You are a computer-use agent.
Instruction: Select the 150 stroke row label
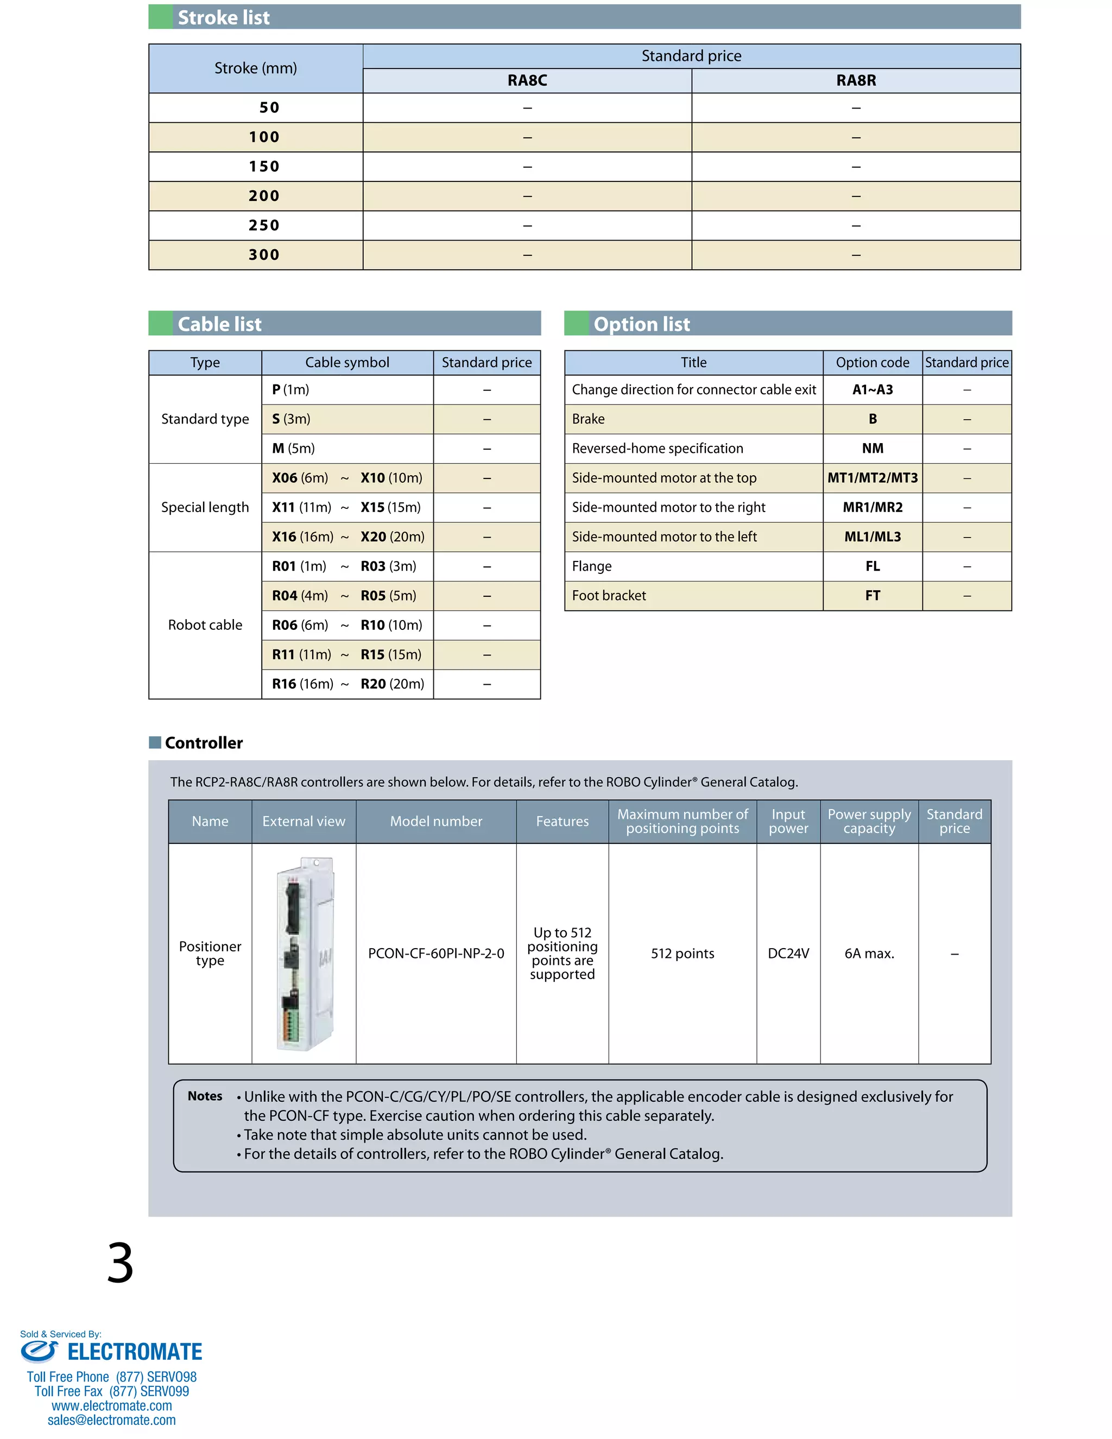click(264, 167)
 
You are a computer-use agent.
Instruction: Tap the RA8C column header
click(527, 80)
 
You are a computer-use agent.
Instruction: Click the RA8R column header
click(856, 80)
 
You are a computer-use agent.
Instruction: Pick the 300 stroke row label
click(264, 255)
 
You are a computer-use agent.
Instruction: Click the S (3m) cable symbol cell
click(291, 419)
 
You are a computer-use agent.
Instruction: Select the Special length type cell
click(205, 507)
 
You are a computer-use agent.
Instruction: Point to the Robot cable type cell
click(205, 624)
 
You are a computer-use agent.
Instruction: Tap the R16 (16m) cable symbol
click(302, 684)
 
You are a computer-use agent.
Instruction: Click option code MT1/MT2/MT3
click(872, 478)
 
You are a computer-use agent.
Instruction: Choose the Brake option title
click(588, 419)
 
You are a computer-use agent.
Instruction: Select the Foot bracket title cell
click(609, 596)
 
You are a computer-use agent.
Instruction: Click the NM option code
click(872, 449)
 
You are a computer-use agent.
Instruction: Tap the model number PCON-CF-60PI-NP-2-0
click(436, 954)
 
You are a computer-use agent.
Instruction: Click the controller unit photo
click(305, 954)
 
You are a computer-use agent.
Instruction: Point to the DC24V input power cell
click(788, 954)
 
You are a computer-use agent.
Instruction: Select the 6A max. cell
click(869, 954)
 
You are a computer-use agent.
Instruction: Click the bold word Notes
click(205, 1096)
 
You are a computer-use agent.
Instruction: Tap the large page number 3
click(120, 1263)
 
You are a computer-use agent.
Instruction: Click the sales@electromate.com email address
click(111, 1420)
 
